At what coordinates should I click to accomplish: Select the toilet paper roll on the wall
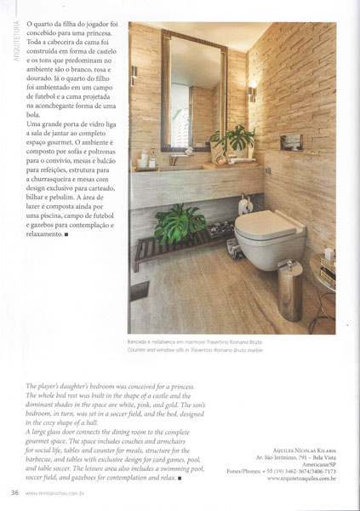click(244, 204)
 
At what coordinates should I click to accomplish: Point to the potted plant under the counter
click(176, 223)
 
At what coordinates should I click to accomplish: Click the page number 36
click(14, 492)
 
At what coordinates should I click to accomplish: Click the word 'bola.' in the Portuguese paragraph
click(35, 114)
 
